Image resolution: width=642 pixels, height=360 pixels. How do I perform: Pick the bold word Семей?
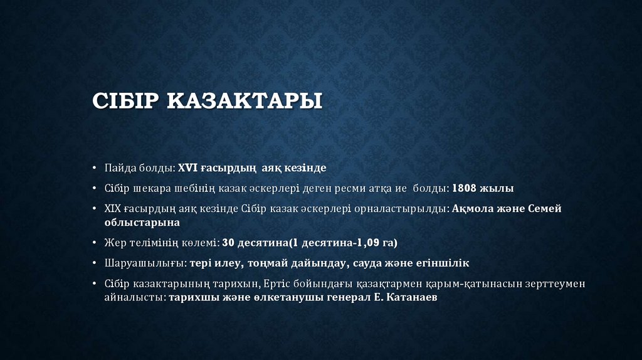545,209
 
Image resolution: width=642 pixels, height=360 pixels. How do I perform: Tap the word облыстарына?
142,222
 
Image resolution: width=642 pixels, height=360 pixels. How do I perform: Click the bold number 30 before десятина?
228,242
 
